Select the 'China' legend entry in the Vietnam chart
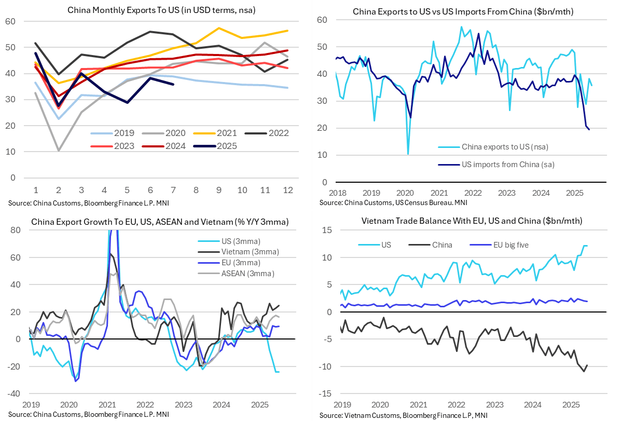coord(442,245)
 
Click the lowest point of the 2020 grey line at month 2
coord(59,151)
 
